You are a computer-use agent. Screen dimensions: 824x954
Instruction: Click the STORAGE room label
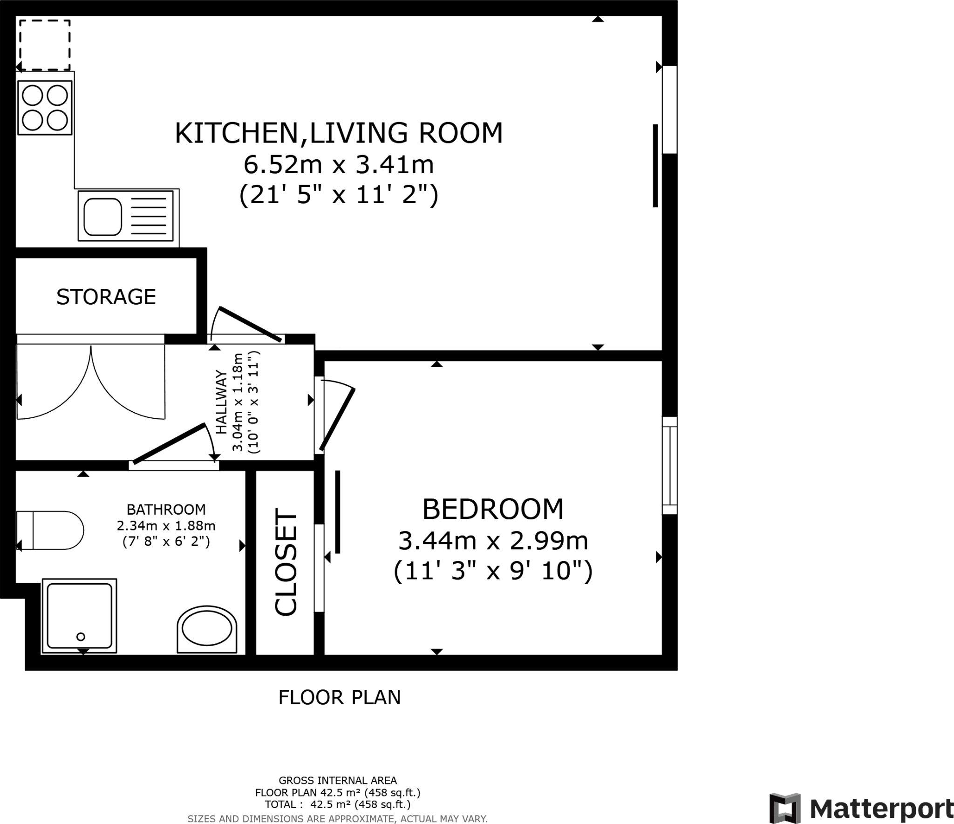click(106, 297)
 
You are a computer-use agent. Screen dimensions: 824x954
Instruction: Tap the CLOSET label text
click(286, 562)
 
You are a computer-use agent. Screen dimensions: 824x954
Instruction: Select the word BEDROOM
click(492, 509)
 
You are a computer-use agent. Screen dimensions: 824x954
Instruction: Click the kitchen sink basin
click(102, 217)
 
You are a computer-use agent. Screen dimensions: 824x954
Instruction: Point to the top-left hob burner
click(33, 96)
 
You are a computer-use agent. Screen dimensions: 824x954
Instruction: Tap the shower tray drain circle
click(81, 636)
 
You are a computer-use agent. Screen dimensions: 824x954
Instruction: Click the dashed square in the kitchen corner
click(45, 45)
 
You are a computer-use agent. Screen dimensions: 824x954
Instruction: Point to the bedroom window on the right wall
click(669, 465)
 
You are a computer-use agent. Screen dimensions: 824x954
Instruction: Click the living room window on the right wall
click(669, 109)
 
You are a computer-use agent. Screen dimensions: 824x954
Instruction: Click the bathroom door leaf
click(169, 443)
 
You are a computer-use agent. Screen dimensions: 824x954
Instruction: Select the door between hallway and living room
click(251, 324)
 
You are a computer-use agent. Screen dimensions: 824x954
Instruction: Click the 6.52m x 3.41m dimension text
click(339, 164)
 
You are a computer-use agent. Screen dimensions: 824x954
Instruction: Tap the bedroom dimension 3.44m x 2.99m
click(493, 541)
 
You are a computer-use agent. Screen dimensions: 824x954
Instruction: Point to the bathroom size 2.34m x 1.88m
click(166, 526)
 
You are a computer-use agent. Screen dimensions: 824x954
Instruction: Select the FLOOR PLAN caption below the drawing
click(339, 697)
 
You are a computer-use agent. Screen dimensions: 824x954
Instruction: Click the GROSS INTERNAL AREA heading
click(337, 780)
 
